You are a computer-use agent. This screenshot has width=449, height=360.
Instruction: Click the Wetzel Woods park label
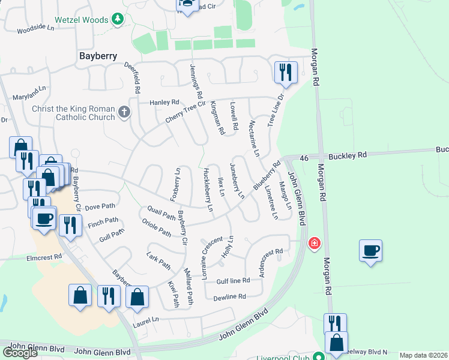[x=82, y=19]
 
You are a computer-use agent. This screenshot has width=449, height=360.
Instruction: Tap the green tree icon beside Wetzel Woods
[x=118, y=19]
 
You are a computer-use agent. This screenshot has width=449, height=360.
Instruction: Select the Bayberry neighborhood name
[x=97, y=56]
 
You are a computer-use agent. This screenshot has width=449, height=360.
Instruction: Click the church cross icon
[x=124, y=112]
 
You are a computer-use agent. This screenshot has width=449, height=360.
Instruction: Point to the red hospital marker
[x=313, y=243]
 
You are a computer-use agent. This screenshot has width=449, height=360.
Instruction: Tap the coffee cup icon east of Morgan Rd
[x=370, y=250]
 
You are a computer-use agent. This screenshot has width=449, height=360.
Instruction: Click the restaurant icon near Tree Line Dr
[x=285, y=73]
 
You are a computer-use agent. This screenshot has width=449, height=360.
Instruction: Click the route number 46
[x=304, y=157]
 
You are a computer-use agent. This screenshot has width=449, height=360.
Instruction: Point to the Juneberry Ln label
[x=237, y=181]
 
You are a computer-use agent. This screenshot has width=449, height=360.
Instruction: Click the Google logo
[x=20, y=353]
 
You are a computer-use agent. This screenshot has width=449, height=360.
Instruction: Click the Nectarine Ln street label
[x=253, y=138]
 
